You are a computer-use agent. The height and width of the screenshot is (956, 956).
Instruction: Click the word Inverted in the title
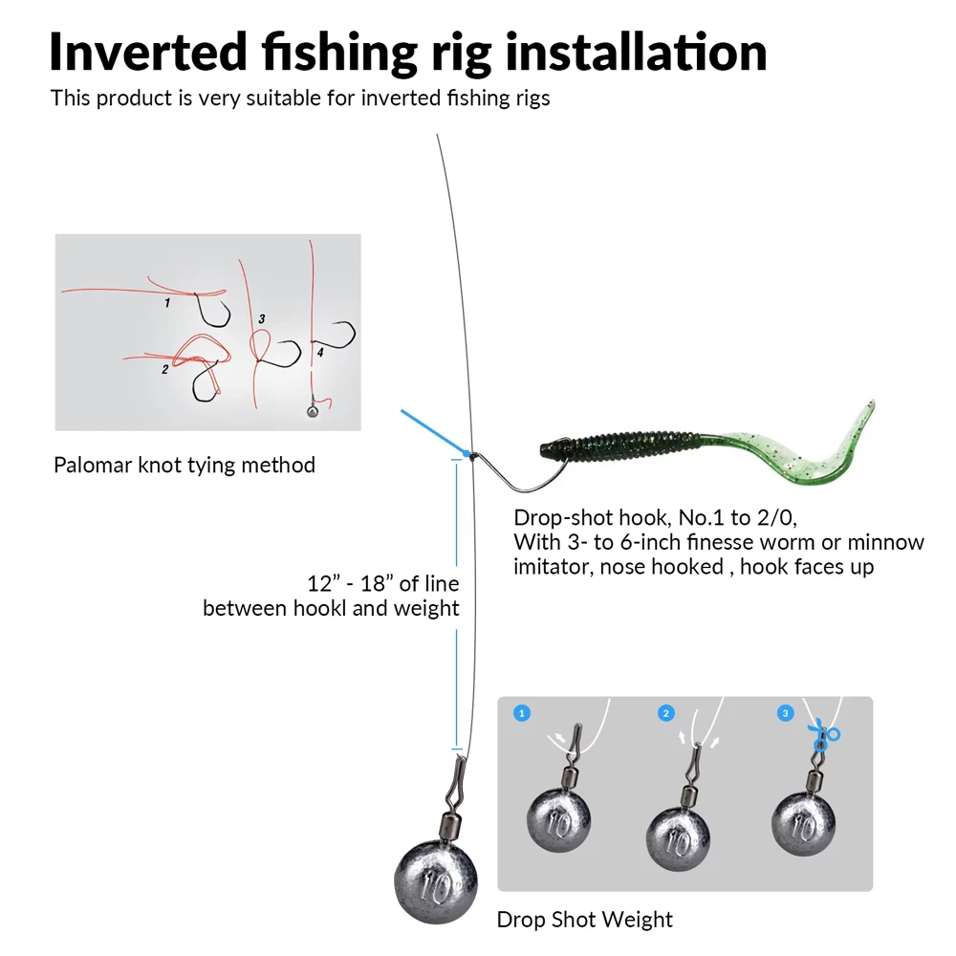148,53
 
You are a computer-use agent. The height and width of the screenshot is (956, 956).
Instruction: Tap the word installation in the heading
636,53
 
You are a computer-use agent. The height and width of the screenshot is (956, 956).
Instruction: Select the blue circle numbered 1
522,713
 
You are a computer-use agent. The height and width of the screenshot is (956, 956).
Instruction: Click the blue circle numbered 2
665,713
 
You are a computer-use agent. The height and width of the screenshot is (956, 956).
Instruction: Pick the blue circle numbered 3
785,713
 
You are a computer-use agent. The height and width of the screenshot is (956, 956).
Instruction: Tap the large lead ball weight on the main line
436,881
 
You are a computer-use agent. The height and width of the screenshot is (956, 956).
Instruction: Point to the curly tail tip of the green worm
872,403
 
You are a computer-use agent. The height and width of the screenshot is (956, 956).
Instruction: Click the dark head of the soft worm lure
551,450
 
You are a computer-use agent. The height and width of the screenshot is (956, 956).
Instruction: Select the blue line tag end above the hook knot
435,432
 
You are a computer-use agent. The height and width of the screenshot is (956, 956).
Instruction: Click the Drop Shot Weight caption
585,920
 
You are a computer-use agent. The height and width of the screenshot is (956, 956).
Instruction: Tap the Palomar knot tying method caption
185,466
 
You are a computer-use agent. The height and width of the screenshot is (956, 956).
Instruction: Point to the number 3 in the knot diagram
262,319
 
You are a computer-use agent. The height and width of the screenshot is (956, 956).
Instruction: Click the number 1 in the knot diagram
167,302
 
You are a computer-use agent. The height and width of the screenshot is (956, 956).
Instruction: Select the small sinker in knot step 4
313,411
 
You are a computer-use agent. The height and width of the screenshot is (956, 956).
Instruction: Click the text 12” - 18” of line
383,583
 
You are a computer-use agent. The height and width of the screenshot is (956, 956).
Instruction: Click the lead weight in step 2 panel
678,839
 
